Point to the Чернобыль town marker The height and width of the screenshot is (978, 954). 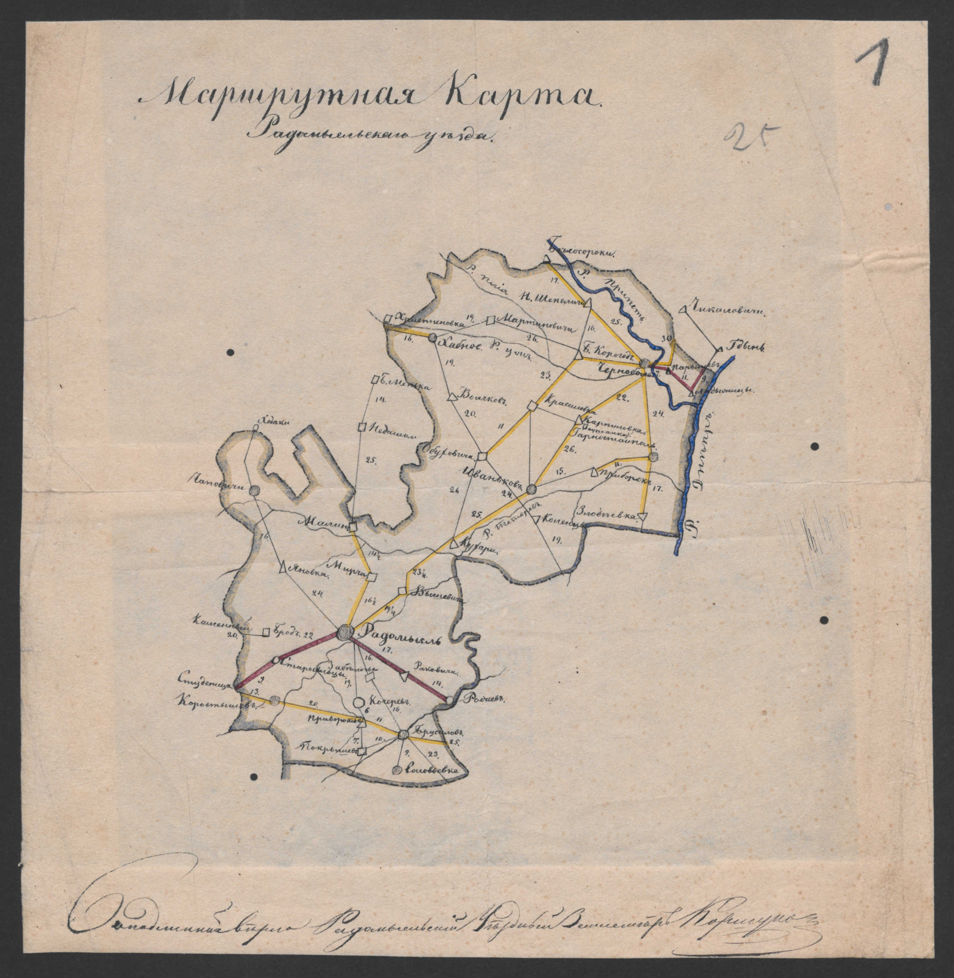(x=645, y=363)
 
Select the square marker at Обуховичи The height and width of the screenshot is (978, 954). (x=482, y=456)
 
